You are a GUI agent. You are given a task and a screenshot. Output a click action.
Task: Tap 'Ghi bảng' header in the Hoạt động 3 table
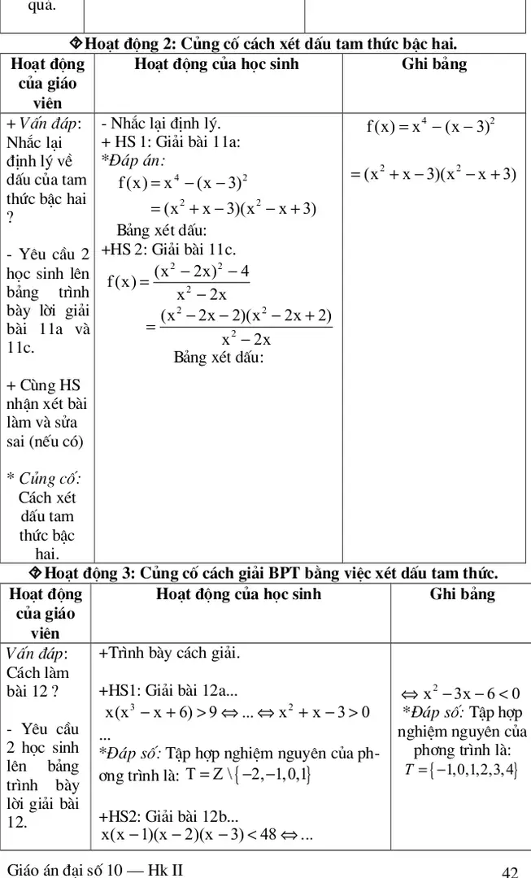[462, 594]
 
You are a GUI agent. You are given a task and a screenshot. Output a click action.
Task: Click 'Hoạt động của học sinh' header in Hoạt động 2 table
[216, 64]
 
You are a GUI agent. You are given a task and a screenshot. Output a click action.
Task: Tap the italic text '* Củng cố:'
[49, 477]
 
